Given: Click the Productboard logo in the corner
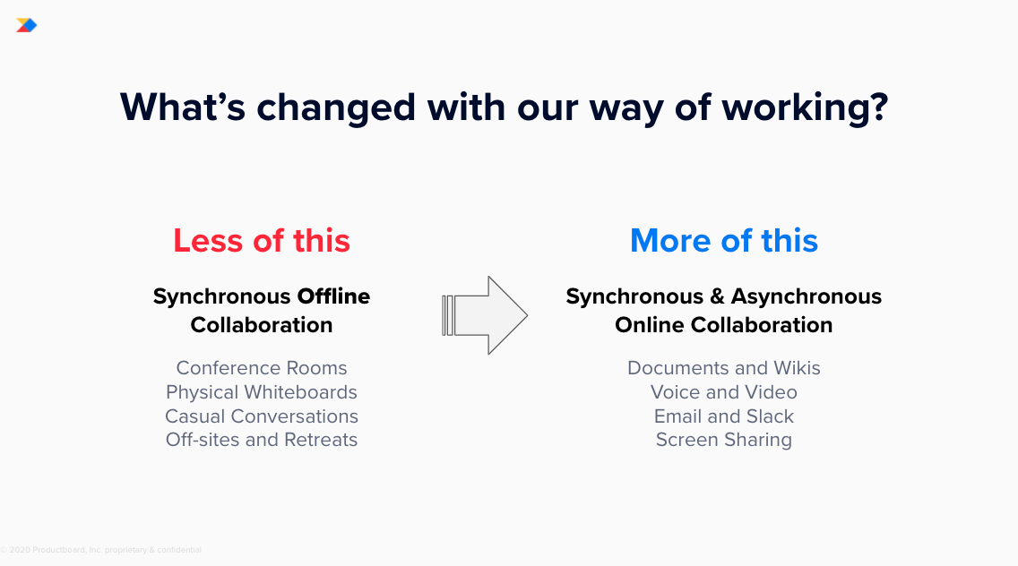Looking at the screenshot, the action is pyautogui.click(x=27, y=25).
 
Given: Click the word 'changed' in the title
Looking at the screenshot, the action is pyautogui.click(x=336, y=108).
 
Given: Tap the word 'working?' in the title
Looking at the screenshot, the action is pyautogui.click(x=805, y=108).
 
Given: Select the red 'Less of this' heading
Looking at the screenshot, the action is pyautogui.click(x=262, y=241).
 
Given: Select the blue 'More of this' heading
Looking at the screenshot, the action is pyautogui.click(x=724, y=241).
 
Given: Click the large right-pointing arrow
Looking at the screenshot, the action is pyautogui.click(x=485, y=315).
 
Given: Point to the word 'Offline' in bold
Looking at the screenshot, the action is pyautogui.click(x=333, y=296).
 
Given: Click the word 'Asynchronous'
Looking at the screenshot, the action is pyautogui.click(x=807, y=296).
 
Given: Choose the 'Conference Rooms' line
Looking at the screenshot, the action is pyautogui.click(x=262, y=368).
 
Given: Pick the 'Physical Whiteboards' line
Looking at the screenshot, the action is pyautogui.click(x=262, y=392).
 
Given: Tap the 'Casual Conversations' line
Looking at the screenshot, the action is pyautogui.click(x=262, y=416).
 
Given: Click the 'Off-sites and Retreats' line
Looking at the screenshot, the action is pyautogui.click(x=262, y=440).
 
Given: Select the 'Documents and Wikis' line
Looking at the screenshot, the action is pyautogui.click(x=724, y=368).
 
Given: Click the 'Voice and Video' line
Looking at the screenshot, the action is pyautogui.click(x=724, y=392).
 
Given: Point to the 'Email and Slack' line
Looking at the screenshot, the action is pyautogui.click(x=724, y=416).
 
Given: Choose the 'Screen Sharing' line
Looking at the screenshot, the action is pyautogui.click(x=724, y=440).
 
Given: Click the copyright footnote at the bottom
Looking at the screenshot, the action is pyautogui.click(x=100, y=550).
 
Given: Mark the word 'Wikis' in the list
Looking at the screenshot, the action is pyautogui.click(x=798, y=368).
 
